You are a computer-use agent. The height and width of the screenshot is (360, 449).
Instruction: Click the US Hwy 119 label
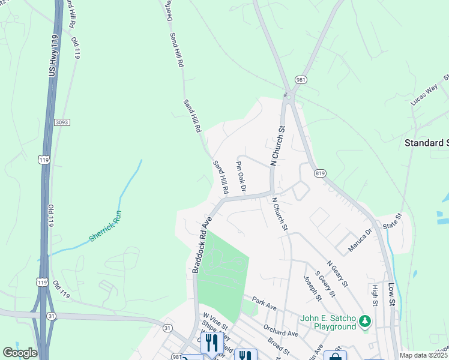53,56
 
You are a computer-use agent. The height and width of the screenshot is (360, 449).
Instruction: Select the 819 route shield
319,173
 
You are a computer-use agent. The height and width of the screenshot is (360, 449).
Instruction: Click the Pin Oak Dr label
241,176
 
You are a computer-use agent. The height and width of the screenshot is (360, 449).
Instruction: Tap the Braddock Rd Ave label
202,245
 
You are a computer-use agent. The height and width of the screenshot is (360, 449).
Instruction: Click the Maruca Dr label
360,237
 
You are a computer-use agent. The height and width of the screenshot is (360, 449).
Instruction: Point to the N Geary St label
337,273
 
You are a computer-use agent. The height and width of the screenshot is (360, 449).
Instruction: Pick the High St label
374,295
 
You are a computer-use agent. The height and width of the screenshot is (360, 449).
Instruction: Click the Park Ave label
264,303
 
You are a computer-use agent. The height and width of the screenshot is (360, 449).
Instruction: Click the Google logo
20,353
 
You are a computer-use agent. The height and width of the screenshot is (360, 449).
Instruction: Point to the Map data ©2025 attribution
424,355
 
